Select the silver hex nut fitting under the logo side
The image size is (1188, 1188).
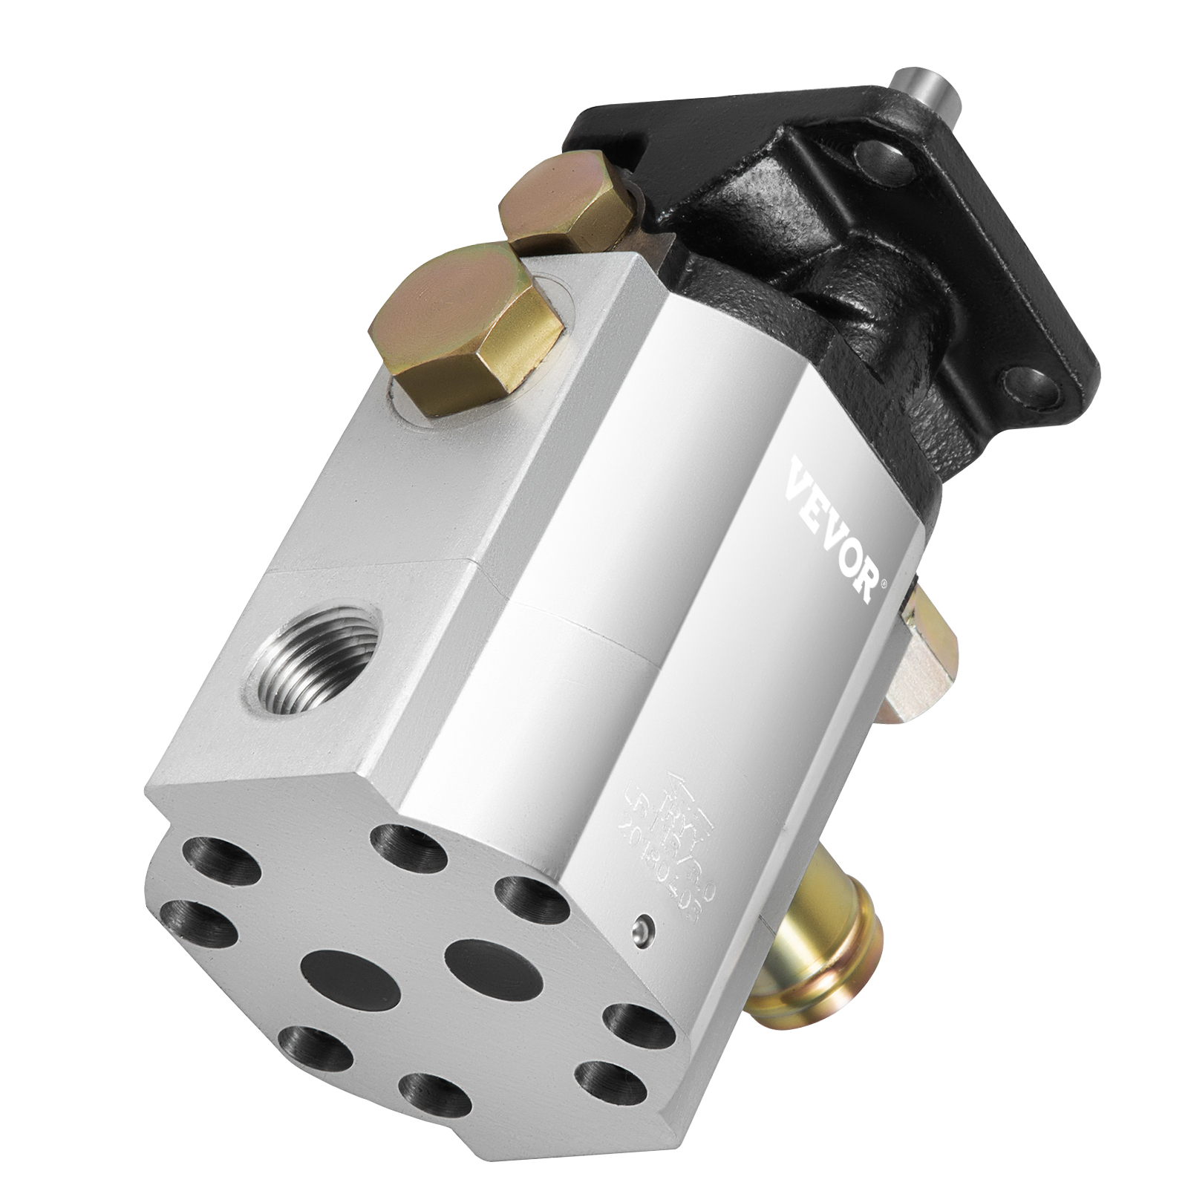click(928, 638)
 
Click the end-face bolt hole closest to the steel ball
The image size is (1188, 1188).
click(530, 895)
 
